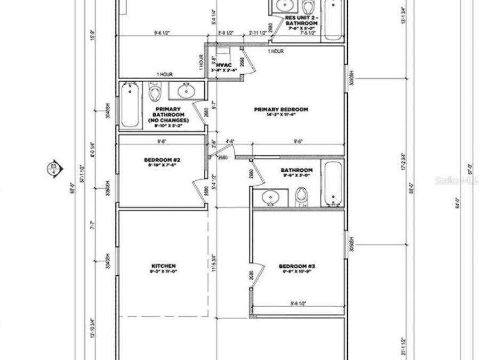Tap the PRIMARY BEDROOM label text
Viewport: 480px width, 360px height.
coord(281,109)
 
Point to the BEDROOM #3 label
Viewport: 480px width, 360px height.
coord(298,266)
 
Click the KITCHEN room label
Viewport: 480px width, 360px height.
coord(164,266)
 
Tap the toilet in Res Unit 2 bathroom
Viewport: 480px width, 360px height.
coord(308,6)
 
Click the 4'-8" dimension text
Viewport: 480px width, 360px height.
coord(230,142)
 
